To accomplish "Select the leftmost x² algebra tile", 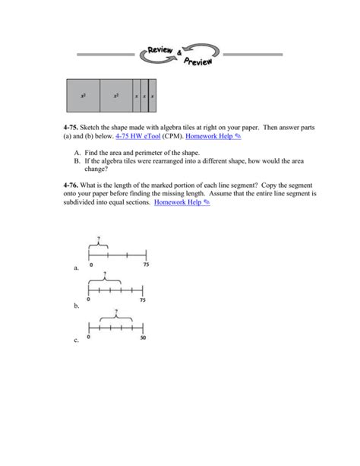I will [x=83, y=97].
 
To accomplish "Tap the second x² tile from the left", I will [x=116, y=97].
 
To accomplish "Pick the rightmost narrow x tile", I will [x=152, y=97].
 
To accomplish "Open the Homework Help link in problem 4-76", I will [x=181, y=204].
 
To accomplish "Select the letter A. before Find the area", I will [x=77, y=153].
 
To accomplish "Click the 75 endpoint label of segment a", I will [x=146, y=265].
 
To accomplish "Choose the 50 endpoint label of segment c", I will [x=143, y=337].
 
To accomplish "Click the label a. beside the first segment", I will [x=76, y=268].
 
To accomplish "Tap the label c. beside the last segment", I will [x=76, y=341].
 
